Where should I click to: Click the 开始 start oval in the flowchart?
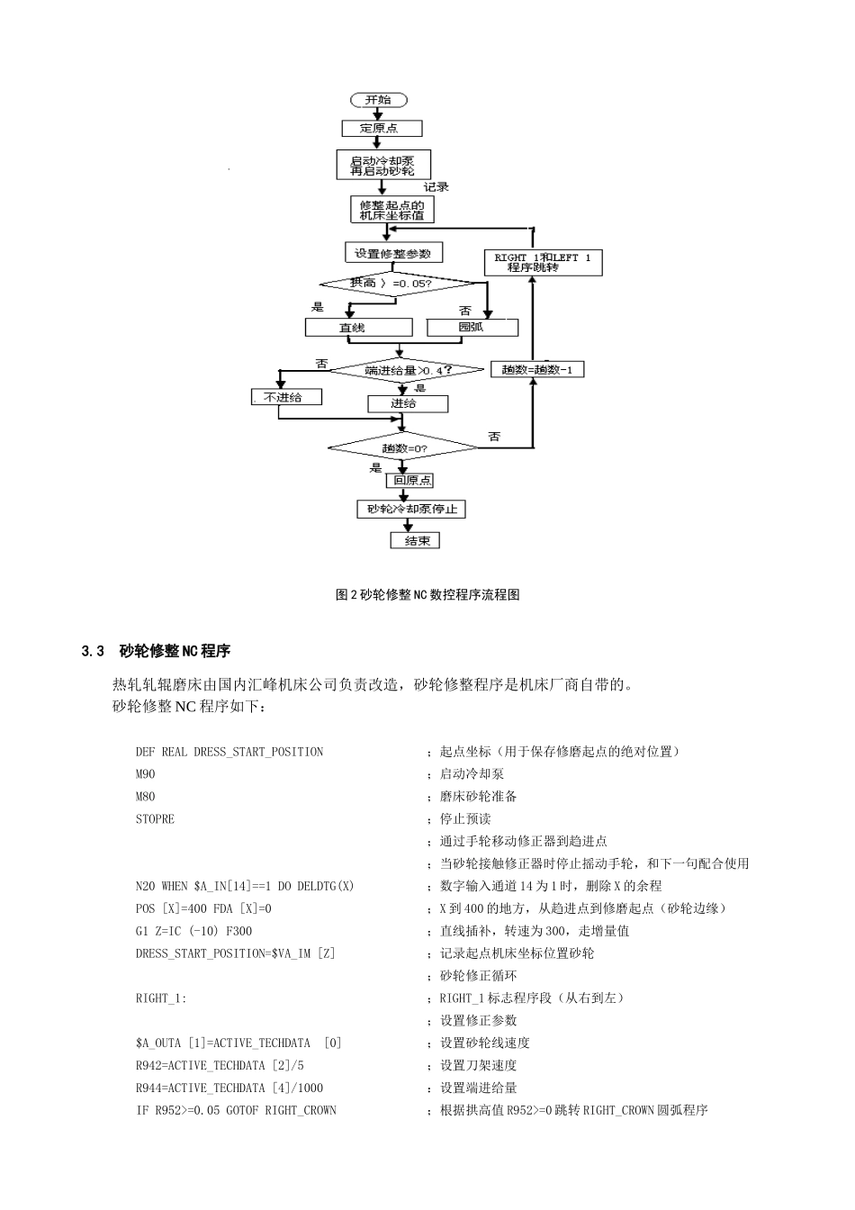click(x=378, y=100)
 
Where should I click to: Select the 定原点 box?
click(x=382, y=129)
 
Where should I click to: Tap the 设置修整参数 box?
click(x=393, y=253)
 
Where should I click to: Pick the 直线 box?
click(x=357, y=328)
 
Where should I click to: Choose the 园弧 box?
click(x=472, y=327)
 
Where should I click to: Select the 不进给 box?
click(x=285, y=397)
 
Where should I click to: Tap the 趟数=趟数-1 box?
click(x=536, y=369)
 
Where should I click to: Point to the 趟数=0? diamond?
click(x=403, y=447)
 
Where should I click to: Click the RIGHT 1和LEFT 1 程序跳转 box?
click(x=543, y=262)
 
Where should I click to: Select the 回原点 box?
click(x=411, y=481)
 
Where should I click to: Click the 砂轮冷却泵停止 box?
click(x=410, y=510)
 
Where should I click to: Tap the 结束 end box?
click(x=415, y=540)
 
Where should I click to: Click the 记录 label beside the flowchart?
click(x=436, y=187)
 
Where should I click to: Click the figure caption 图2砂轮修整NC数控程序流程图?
click(x=427, y=595)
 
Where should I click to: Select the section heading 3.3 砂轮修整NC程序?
click(x=156, y=651)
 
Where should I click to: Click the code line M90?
click(x=145, y=774)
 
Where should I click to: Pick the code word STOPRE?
click(x=155, y=819)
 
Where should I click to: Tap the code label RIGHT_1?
click(x=161, y=998)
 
